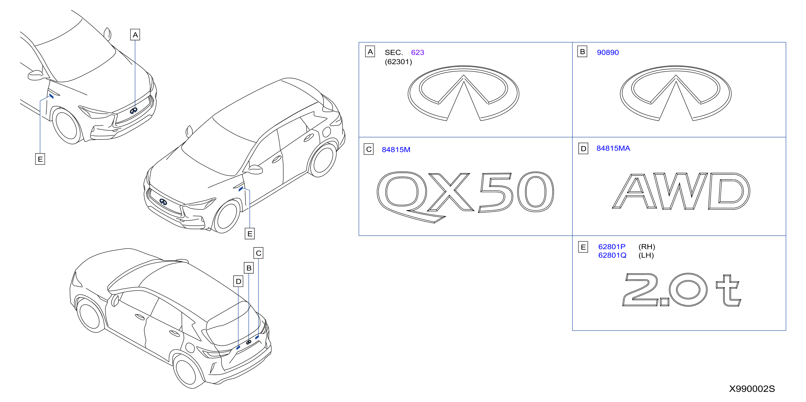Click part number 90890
[x=608, y=52]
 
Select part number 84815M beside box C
[x=396, y=150]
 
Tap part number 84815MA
[x=613, y=148]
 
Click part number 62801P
[x=612, y=247]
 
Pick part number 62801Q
[x=612, y=255]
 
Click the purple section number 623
[x=417, y=52]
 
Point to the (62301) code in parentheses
[x=398, y=62]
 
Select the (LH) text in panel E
[x=646, y=255]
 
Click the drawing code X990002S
[x=752, y=389]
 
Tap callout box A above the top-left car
[x=135, y=35]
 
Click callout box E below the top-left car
[x=40, y=159]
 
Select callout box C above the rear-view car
[x=258, y=253]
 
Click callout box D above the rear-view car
[x=238, y=281]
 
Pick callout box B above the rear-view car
[x=249, y=268]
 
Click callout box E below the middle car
[x=250, y=234]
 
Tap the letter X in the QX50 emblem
[x=449, y=192]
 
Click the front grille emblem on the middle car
[x=163, y=202]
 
